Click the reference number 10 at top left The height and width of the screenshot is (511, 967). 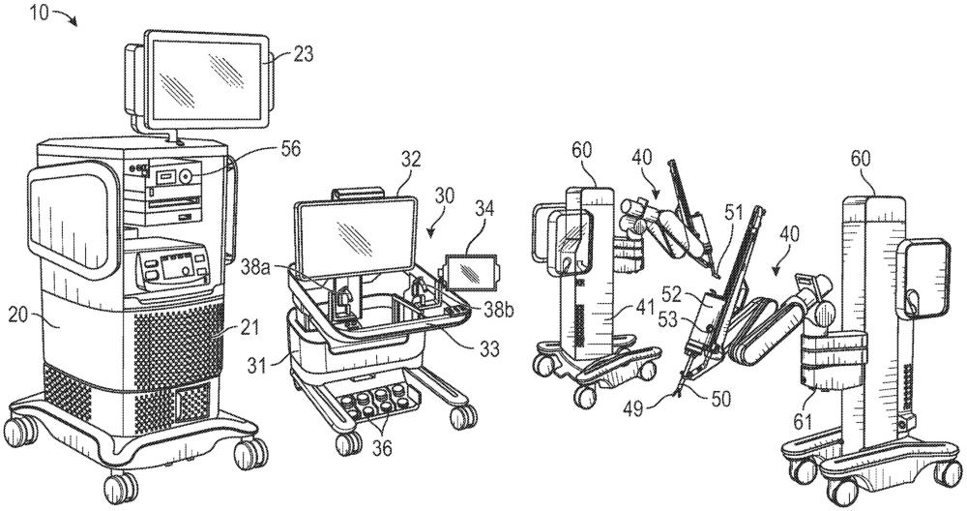(39, 13)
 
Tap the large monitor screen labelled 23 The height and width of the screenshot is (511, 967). (208, 79)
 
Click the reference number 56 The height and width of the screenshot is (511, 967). (290, 149)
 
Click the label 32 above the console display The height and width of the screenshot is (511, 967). (411, 160)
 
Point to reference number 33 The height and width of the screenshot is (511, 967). (489, 350)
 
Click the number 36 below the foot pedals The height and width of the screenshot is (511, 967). (381, 447)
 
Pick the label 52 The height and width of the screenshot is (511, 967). (673, 296)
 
